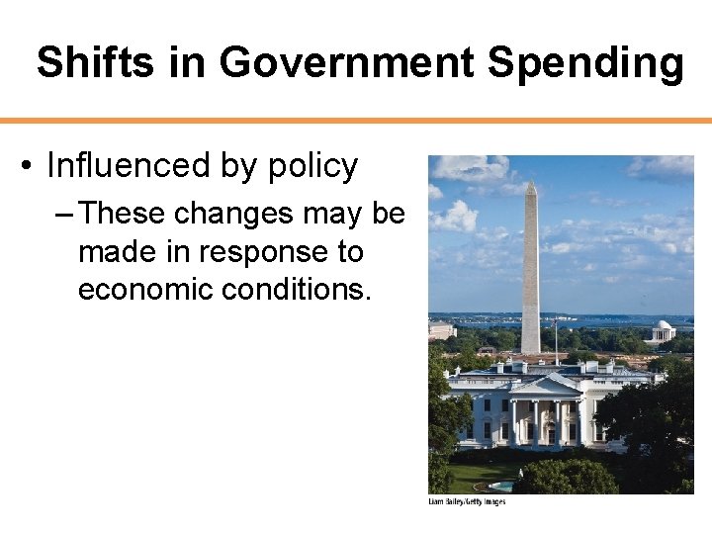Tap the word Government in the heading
coord(346,62)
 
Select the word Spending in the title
coord(585,62)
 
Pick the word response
coord(266,252)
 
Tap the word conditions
coord(303,290)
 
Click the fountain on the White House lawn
coord(502,485)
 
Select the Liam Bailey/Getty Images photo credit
coord(466,502)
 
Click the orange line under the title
coord(356,121)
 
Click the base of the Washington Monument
coord(531,348)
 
